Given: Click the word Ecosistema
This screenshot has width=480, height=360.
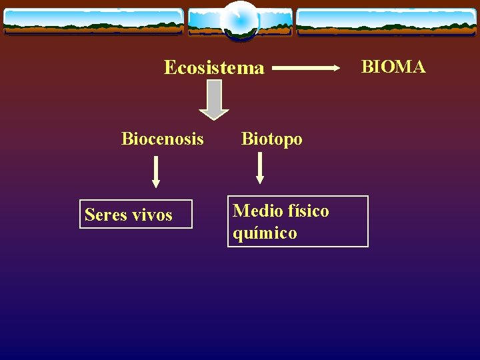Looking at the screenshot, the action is click(x=214, y=68).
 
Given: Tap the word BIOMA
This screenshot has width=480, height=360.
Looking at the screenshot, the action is click(x=393, y=67).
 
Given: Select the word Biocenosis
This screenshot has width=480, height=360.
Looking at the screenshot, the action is click(x=163, y=139).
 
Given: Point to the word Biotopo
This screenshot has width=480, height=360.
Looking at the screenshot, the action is click(x=271, y=139).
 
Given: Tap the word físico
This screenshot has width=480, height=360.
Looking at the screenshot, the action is click(x=309, y=211).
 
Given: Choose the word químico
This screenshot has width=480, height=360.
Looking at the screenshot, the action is click(x=265, y=233).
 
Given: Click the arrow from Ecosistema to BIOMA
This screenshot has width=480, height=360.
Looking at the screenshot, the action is click(x=306, y=67).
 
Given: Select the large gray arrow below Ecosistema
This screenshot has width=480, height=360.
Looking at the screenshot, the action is click(x=213, y=99).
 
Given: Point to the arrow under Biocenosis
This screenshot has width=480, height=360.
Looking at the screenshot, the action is click(x=156, y=171).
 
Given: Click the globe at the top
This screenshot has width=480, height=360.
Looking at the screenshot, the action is click(x=240, y=21).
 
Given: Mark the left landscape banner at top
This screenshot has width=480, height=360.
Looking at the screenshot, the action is click(x=93, y=21).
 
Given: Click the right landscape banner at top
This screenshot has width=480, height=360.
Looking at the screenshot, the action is click(x=386, y=21).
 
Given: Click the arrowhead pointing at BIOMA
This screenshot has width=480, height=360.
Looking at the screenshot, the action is click(x=335, y=67).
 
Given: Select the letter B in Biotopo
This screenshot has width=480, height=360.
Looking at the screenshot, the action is click(x=247, y=139).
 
